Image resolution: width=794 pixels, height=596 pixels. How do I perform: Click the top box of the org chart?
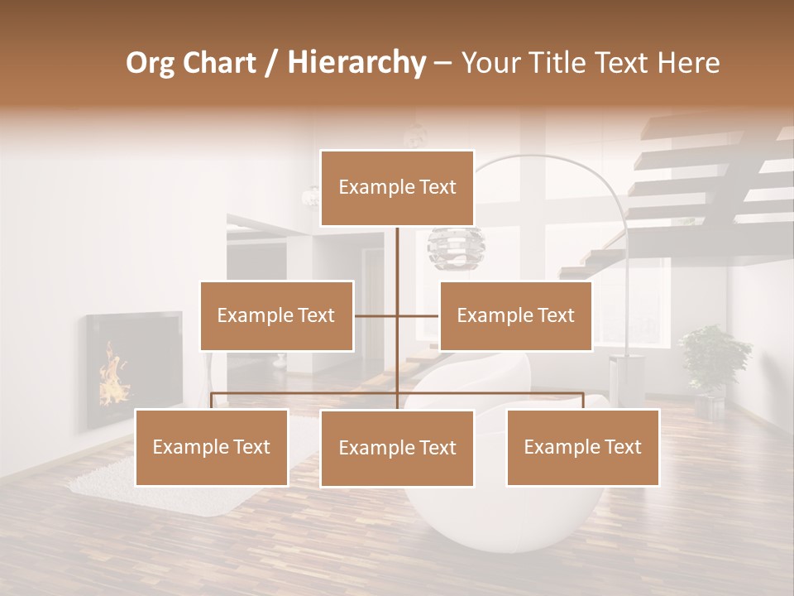397,188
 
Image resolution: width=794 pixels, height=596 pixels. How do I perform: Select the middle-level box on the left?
276,315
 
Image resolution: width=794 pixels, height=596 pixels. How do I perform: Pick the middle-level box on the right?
515,315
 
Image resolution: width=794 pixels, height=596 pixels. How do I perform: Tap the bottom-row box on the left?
212,447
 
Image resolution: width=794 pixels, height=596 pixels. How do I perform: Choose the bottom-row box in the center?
397,448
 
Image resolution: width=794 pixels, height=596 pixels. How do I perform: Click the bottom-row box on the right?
582,447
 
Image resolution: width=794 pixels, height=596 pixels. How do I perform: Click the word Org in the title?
150,63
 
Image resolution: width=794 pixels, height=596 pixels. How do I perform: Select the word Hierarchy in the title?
356,63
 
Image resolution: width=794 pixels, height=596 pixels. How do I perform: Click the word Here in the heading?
688,63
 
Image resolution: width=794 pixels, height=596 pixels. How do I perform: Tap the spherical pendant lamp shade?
455,248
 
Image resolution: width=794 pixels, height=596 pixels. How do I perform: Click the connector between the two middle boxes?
397,315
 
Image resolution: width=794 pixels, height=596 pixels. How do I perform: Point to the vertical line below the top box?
398,257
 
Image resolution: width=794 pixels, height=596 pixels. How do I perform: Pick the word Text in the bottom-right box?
622,447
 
